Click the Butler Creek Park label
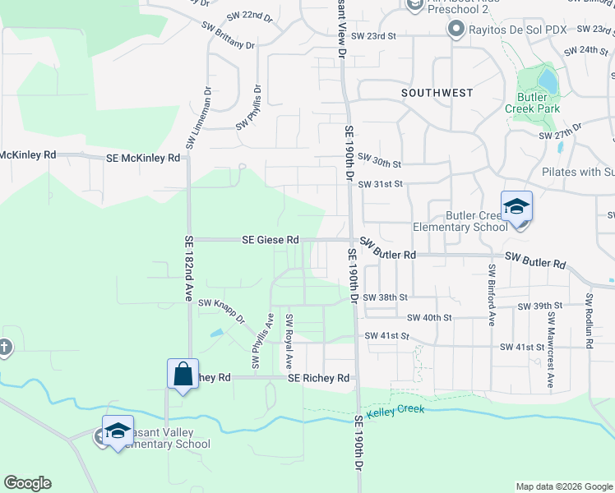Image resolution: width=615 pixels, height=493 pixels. coord(539,103)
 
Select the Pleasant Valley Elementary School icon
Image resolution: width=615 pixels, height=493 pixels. coord(118,431)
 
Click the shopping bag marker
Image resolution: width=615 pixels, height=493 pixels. coord(183,375)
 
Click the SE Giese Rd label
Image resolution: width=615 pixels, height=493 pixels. coord(270,240)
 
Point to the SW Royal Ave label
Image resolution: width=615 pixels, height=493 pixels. coord(289,339)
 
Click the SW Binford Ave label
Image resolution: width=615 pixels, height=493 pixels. coord(492,293)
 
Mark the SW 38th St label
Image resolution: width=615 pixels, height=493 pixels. coord(385,297)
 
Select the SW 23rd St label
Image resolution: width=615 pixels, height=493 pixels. coord(373,36)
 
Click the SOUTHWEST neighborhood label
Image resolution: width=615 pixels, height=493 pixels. coord(437,93)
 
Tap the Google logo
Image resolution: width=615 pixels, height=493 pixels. coord(27,483)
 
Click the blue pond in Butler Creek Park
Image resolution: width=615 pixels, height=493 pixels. coord(545,79)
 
